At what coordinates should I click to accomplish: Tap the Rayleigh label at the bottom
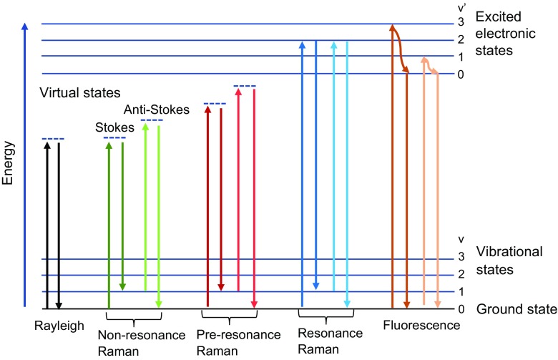[x=59, y=326]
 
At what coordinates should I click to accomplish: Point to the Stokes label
[x=109, y=127]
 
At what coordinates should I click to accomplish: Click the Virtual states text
[x=79, y=93]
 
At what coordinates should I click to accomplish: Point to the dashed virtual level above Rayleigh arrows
[x=53, y=138]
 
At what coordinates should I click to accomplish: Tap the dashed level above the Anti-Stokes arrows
[x=152, y=120]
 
